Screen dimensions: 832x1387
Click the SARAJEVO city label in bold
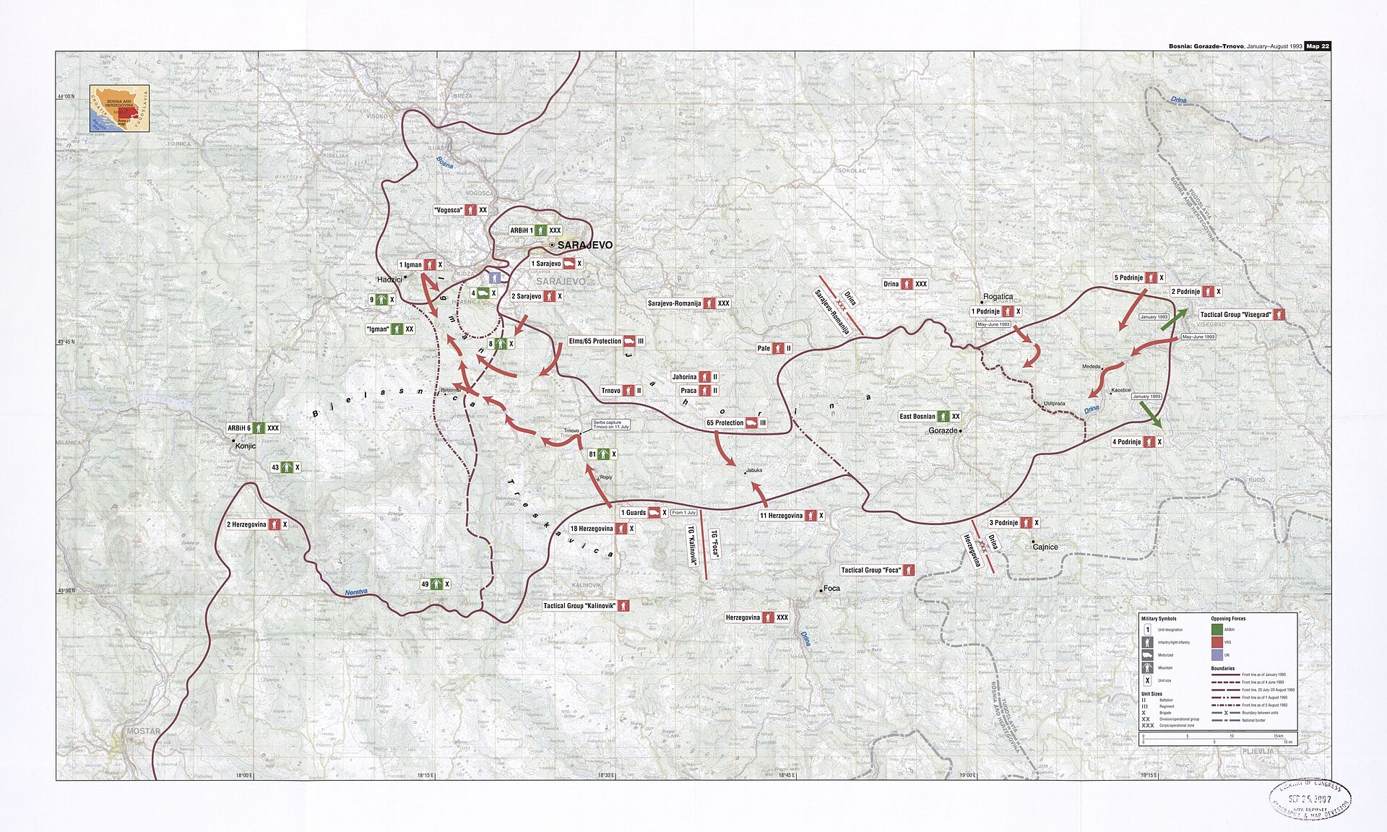tap(584, 246)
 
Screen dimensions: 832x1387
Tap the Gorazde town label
tap(943, 430)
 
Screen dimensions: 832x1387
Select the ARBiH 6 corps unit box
tap(254, 428)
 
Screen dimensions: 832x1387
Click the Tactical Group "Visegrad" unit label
tap(1242, 314)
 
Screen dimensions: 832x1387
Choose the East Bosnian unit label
tap(930, 417)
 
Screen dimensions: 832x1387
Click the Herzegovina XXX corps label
tap(756, 617)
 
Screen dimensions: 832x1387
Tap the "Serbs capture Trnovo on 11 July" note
tap(610, 425)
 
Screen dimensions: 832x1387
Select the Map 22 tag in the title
tap(1317, 46)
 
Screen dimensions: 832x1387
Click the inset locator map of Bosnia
tap(119, 108)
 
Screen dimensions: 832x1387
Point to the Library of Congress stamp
tap(1310, 799)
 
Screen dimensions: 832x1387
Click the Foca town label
tap(831, 588)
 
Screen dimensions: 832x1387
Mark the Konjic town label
tap(246, 446)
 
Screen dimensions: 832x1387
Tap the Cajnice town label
tap(1045, 547)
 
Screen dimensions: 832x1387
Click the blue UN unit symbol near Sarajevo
tap(494, 277)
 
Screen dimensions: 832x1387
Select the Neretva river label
tap(356, 592)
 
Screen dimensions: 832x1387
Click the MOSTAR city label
tap(143, 731)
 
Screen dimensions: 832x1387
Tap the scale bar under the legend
tap(1217, 738)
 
